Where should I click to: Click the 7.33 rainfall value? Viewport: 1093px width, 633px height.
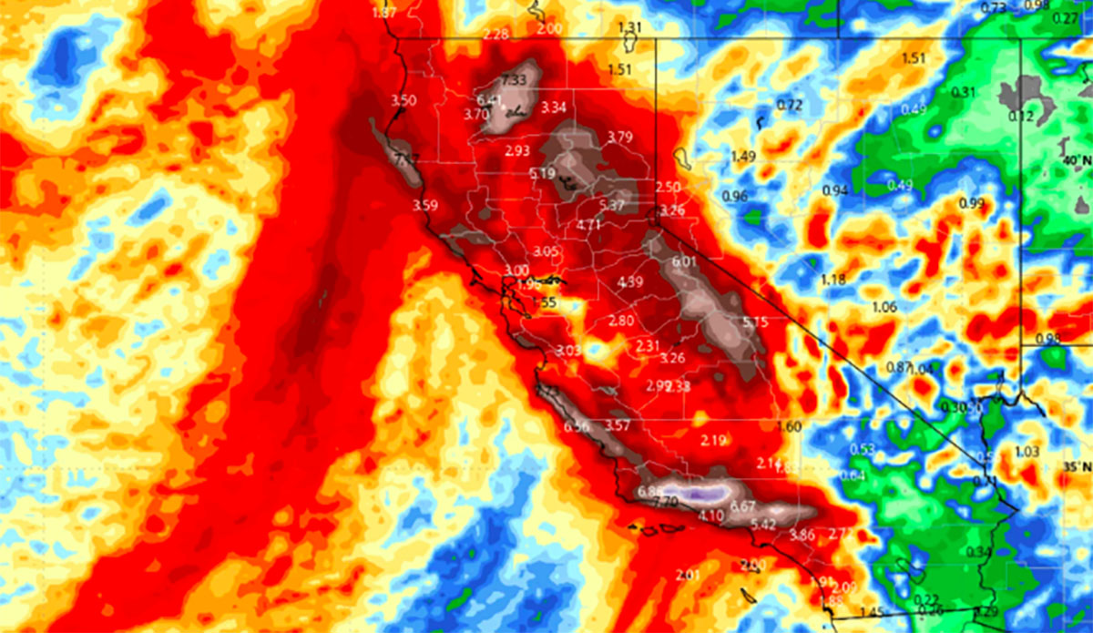[515, 79]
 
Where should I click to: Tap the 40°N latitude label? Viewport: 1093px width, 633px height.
[1075, 161]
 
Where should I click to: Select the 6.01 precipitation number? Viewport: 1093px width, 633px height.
[683, 262]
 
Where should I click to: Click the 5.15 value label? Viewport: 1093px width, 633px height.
[755, 322]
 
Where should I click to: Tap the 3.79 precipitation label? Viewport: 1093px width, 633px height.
[619, 138]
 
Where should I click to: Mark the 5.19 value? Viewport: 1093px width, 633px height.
[542, 174]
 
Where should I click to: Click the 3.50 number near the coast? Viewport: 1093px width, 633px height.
[403, 100]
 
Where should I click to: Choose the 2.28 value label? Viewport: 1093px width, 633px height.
[496, 35]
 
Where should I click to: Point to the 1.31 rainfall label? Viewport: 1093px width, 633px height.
[630, 26]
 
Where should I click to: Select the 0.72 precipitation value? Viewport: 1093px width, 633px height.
[790, 106]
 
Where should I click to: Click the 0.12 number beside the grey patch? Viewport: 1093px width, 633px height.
[1021, 117]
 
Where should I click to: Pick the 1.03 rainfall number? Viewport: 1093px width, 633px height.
[1027, 452]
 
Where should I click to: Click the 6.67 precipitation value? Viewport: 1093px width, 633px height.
[743, 506]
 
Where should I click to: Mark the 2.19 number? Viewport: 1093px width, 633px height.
[713, 441]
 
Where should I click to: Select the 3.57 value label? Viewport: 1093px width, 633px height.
[618, 425]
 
